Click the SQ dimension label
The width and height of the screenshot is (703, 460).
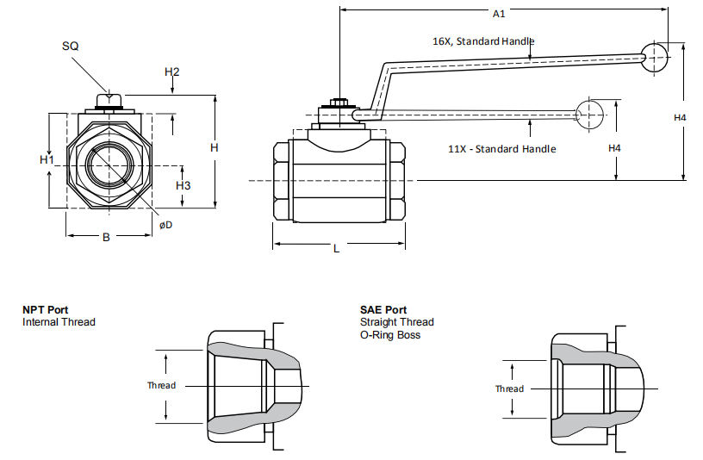pyautogui.click(x=71, y=46)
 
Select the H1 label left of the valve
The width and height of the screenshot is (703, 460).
pyautogui.click(x=47, y=160)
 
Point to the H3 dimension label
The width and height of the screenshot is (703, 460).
pyautogui.click(x=183, y=185)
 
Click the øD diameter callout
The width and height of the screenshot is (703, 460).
pyautogui.click(x=166, y=225)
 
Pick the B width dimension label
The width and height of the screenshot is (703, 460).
pyautogui.click(x=106, y=237)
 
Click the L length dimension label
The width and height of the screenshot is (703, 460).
pyautogui.click(x=336, y=248)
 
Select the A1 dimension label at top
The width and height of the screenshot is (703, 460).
pyautogui.click(x=499, y=14)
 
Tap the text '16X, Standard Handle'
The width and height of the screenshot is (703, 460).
pyautogui.click(x=482, y=40)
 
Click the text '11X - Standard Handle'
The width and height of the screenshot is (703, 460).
pyautogui.click(x=502, y=149)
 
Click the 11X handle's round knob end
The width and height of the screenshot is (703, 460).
pyautogui.click(x=590, y=112)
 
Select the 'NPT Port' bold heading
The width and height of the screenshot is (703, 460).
pyautogui.click(x=46, y=310)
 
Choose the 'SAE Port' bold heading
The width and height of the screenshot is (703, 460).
pyautogui.click(x=383, y=310)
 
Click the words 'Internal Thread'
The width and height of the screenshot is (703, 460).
pyautogui.click(x=59, y=322)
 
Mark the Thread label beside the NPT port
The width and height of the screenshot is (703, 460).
pyautogui.click(x=161, y=385)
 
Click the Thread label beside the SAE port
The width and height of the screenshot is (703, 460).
pyautogui.click(x=509, y=389)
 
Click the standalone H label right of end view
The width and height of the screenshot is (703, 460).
pyautogui.click(x=215, y=148)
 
